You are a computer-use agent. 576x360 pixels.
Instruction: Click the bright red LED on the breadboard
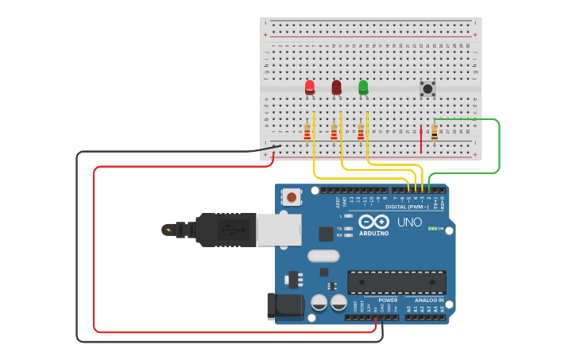coord(310,87)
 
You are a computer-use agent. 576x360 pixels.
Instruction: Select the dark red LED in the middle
coord(337,87)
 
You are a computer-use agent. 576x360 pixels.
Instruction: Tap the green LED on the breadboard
coord(363,87)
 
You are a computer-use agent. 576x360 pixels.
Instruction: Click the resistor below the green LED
coord(361,132)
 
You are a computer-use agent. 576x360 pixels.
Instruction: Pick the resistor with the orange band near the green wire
coord(435,132)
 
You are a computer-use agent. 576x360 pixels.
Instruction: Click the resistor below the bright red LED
coord(307,132)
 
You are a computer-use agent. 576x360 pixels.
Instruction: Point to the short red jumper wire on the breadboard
coord(421,138)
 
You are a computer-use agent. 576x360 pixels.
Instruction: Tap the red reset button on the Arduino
coord(292,196)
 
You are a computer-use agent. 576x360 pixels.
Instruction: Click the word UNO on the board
coord(409,223)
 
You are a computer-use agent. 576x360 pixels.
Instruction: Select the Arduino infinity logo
coord(373,222)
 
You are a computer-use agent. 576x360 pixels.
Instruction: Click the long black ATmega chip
coord(396,282)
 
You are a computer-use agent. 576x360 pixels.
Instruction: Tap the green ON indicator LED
coord(431,229)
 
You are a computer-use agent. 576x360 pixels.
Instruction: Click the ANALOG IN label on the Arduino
coord(429,300)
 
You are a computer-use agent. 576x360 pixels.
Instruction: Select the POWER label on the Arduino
coord(388,300)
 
